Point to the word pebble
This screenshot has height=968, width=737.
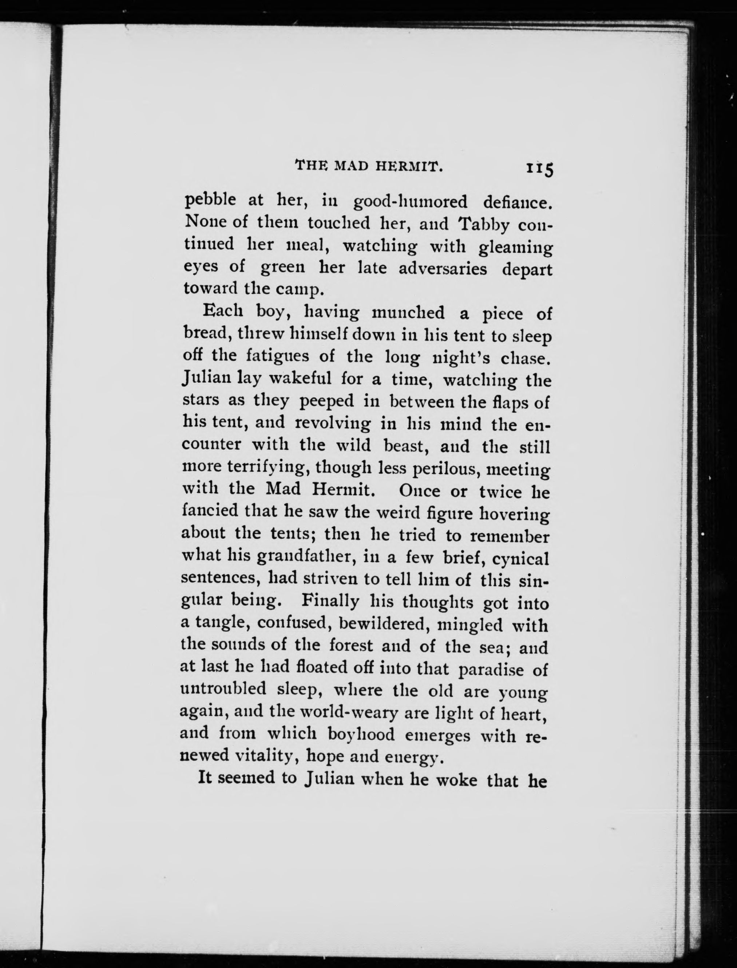point(210,201)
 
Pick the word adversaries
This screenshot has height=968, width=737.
point(443,268)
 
